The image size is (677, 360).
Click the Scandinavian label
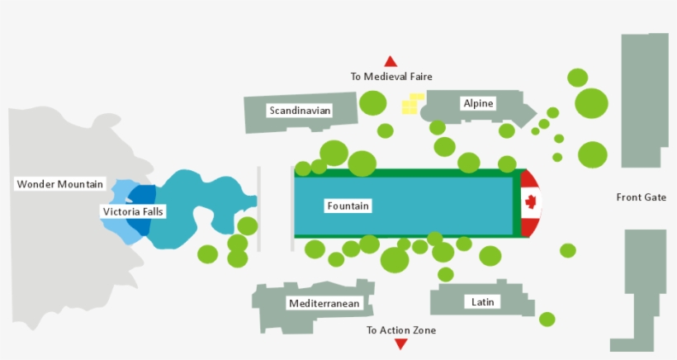(300, 110)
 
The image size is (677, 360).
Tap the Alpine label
(478, 103)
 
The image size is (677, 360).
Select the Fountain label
(348, 206)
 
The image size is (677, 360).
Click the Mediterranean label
(324, 304)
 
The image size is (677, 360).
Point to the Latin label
(483, 301)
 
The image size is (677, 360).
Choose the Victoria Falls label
(133, 212)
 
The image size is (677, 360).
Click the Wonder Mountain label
(60, 184)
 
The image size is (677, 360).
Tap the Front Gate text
(641, 197)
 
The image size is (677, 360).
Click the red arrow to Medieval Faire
(391, 61)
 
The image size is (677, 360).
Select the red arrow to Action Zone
(400, 344)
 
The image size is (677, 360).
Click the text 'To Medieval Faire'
(391, 77)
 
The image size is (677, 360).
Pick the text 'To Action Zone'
(401, 330)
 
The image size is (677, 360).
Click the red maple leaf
(531, 202)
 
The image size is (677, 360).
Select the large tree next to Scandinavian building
(372, 102)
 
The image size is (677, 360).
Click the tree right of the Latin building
(547, 319)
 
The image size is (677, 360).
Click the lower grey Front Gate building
(641, 289)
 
